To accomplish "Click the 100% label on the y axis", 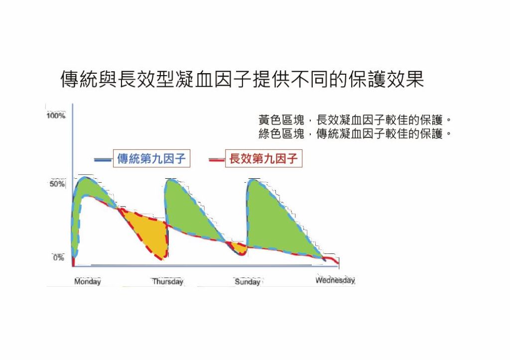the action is click(56, 116).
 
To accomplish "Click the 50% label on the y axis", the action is click(57, 184).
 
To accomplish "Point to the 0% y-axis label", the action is click(59, 258).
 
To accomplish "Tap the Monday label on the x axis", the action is click(88, 281).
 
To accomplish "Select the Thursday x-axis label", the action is click(168, 281).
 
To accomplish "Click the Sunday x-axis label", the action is click(248, 282).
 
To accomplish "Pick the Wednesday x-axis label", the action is click(335, 280).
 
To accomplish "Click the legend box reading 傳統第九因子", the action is click(151, 158).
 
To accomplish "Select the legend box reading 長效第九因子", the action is click(264, 158).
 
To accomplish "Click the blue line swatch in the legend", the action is click(103, 160).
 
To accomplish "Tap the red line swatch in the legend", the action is click(217, 160).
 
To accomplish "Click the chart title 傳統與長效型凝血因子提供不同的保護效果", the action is click(243, 79).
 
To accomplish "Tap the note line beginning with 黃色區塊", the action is click(355, 120).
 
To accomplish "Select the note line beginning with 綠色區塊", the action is click(355, 133).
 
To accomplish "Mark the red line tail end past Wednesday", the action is click(339, 263).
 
